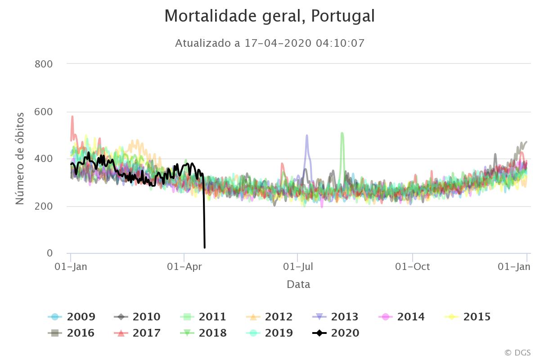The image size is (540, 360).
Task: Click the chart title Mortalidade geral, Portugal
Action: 269,16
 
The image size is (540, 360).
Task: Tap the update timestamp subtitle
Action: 269,43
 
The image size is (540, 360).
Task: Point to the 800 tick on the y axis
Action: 44,64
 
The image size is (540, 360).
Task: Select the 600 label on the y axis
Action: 44,112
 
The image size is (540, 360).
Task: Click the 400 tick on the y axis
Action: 44,159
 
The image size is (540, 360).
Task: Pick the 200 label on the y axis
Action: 44,206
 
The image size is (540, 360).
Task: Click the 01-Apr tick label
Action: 184,266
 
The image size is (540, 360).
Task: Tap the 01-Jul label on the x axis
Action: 297,266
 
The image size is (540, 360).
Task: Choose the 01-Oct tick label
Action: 413,266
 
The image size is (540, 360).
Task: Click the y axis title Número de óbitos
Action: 20,158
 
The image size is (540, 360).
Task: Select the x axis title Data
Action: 298,284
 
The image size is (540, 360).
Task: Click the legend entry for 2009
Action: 72,317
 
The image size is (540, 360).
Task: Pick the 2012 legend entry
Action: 270,317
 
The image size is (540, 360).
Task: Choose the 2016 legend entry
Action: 72,333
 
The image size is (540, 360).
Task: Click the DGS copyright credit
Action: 517,352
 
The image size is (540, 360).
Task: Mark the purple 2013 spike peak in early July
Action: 307,135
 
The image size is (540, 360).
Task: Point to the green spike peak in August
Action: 342,133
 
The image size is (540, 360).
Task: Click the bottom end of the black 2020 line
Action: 205,247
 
